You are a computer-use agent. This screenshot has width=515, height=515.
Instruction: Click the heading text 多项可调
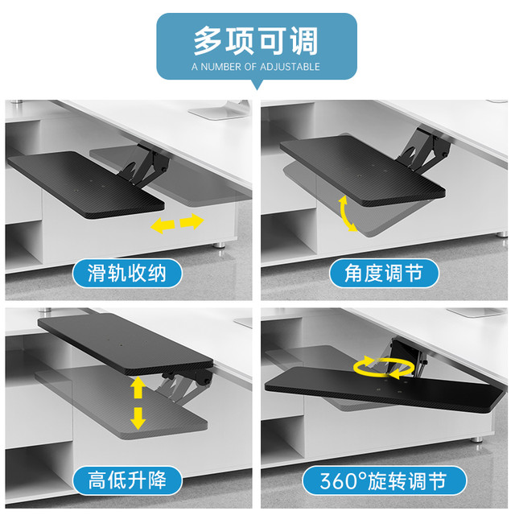click(256, 41)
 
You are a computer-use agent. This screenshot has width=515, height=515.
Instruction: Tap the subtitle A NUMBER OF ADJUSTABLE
click(256, 67)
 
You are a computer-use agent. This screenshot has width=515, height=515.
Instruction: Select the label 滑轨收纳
click(127, 274)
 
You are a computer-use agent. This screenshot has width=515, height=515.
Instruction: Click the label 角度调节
click(384, 274)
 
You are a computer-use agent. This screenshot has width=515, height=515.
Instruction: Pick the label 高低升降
click(127, 480)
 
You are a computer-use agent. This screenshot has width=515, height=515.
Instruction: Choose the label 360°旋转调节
click(384, 480)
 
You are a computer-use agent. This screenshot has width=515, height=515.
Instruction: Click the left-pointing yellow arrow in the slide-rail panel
click(163, 226)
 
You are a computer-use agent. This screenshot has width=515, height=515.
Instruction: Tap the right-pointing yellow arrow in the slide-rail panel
click(192, 222)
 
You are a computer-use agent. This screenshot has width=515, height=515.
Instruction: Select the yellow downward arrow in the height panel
click(138, 418)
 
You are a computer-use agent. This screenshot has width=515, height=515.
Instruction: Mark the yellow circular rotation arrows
click(384, 366)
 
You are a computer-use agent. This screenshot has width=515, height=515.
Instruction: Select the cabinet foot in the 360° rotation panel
click(477, 439)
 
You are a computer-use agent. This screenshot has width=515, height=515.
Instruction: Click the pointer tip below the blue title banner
click(257, 89)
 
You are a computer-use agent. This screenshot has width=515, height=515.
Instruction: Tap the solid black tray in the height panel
click(126, 344)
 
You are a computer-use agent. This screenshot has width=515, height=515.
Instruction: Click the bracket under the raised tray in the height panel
click(184, 385)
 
